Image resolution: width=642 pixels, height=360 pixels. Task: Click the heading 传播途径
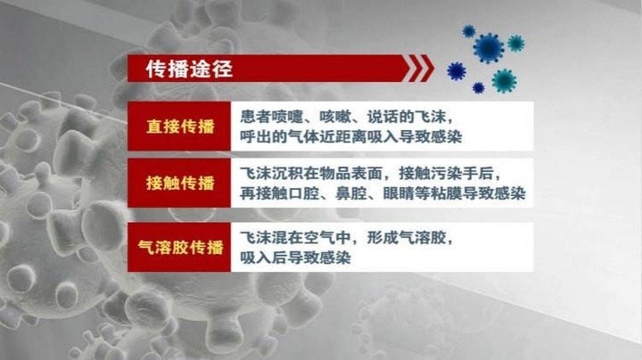(189, 69)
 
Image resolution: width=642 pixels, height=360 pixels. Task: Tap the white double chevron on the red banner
(417, 69)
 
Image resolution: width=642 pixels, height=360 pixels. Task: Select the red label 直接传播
(180, 127)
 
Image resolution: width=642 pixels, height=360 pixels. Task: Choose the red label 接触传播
(180, 183)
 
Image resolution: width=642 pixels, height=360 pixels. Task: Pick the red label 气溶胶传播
(180, 247)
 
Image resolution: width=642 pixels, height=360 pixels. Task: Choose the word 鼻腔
(351, 193)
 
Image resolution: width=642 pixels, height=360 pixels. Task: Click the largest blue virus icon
(489, 48)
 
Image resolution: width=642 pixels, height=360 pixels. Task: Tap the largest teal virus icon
(504, 80)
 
